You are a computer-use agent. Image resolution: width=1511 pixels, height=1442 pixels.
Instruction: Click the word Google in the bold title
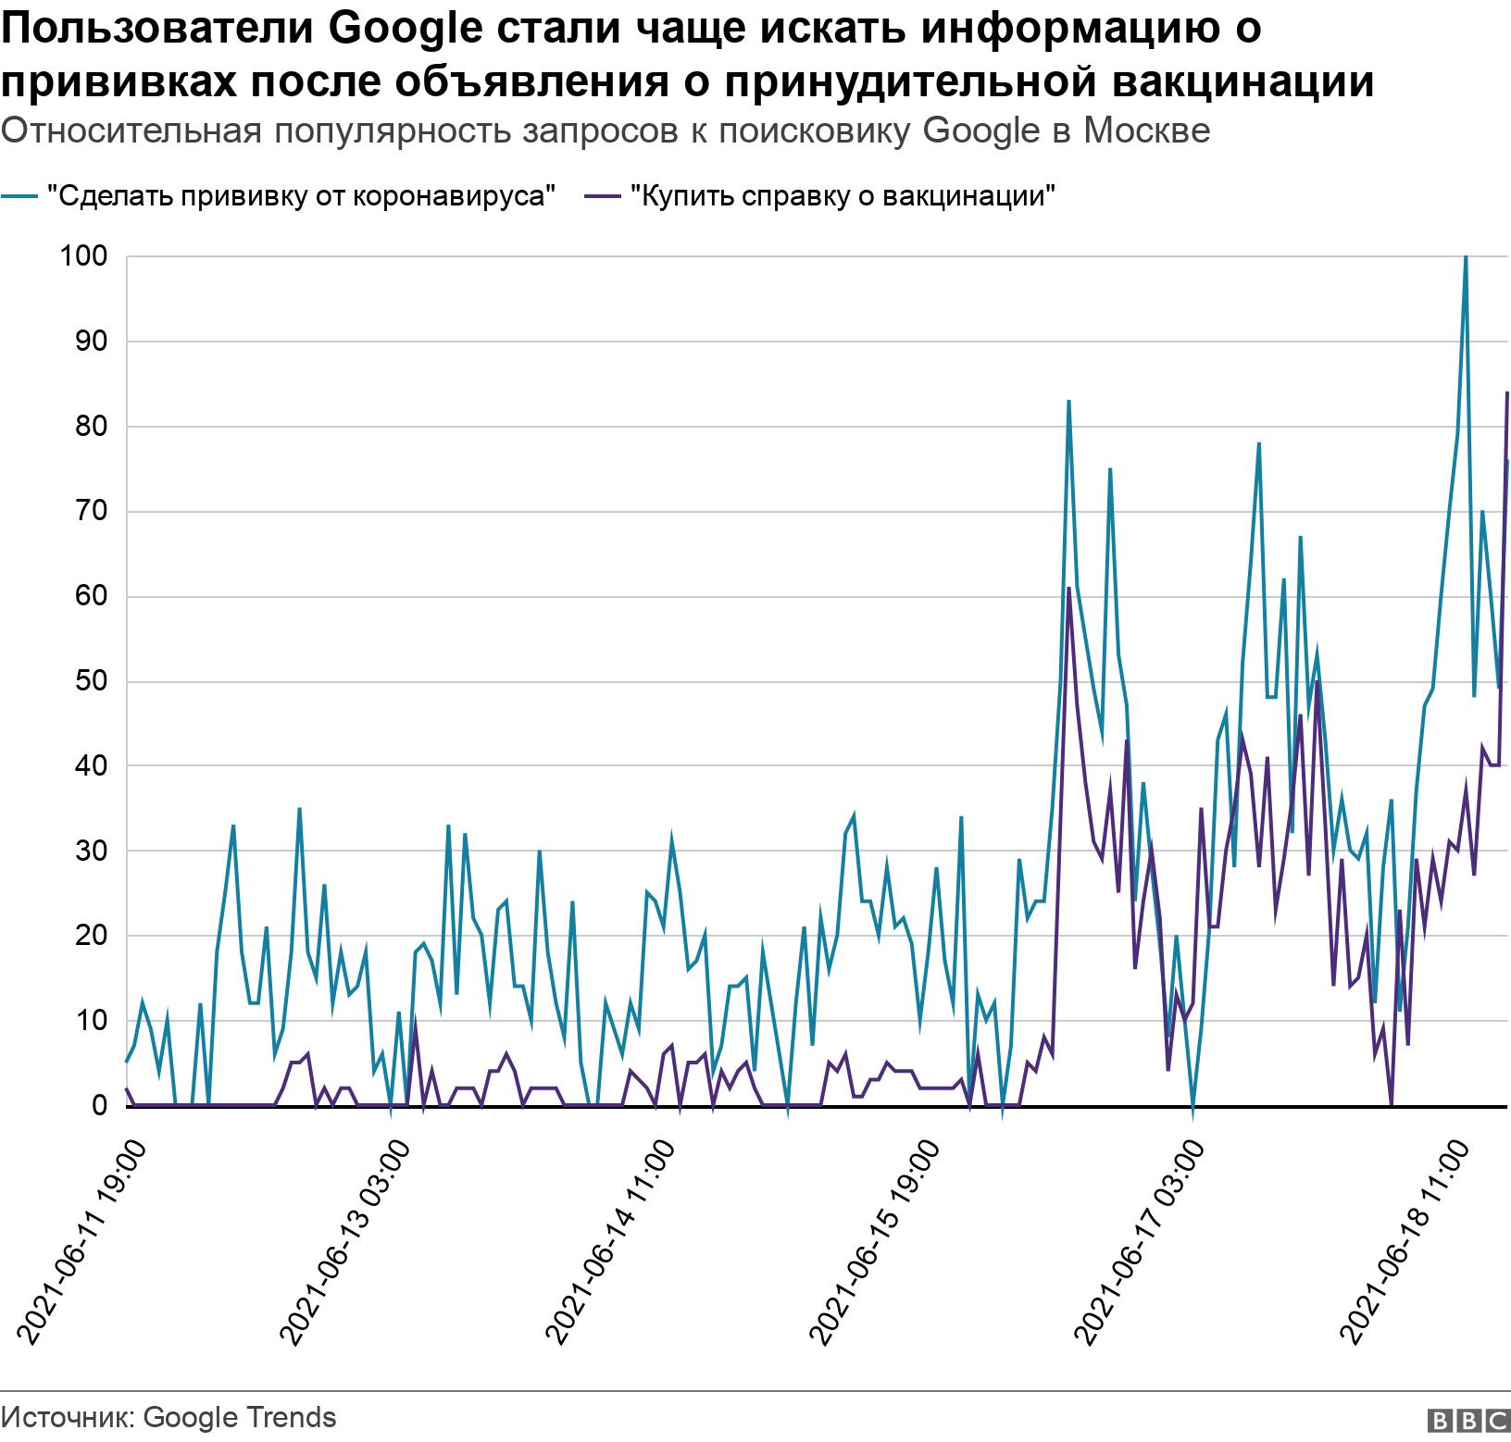point(405,30)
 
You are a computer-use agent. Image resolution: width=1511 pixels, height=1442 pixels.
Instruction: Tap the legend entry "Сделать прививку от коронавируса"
point(301,196)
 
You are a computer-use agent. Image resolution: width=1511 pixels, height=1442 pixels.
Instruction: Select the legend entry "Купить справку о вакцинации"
point(843,196)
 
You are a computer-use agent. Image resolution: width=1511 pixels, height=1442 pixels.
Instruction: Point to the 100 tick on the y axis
point(84,256)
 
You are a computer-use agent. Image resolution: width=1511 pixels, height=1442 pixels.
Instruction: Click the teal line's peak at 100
point(1466,258)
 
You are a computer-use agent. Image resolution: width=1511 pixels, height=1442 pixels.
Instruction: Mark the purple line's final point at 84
point(1507,393)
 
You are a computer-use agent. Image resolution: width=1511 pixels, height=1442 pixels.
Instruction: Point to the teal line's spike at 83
point(1068,402)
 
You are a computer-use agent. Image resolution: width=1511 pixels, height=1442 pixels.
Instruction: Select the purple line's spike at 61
point(1068,589)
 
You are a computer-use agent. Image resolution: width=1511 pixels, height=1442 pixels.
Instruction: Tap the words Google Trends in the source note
point(241,1417)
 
